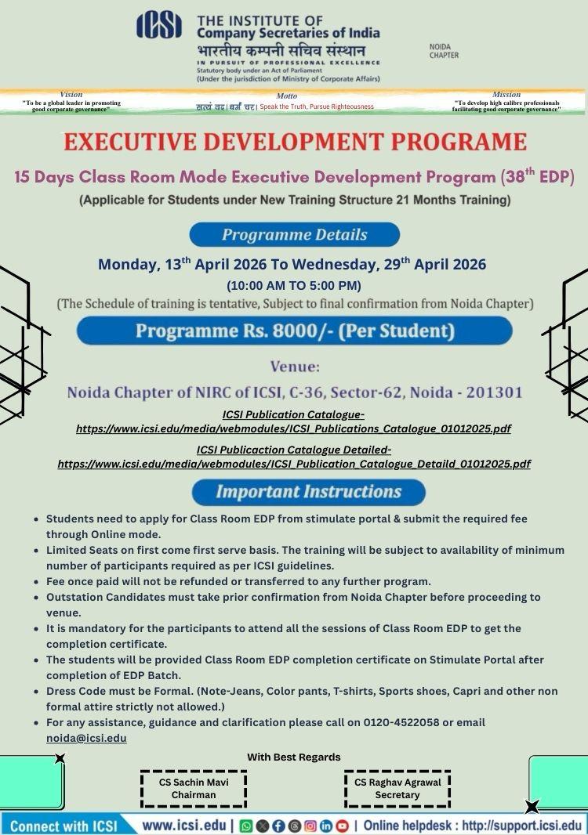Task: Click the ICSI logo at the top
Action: [159, 25]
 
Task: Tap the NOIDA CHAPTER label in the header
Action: [444, 51]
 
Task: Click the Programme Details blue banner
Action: [294, 234]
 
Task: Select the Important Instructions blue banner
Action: [308, 492]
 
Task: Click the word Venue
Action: [294, 366]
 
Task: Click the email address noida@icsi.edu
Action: [86, 738]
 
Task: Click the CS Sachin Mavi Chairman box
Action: [194, 788]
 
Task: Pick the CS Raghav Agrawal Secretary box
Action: [397, 788]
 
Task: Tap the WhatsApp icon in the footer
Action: [245, 826]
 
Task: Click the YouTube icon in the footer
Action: [342, 826]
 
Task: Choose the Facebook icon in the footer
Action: [278, 826]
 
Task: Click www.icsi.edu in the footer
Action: [184, 826]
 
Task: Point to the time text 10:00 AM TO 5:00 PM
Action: [294, 285]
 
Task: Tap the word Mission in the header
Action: [506, 95]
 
